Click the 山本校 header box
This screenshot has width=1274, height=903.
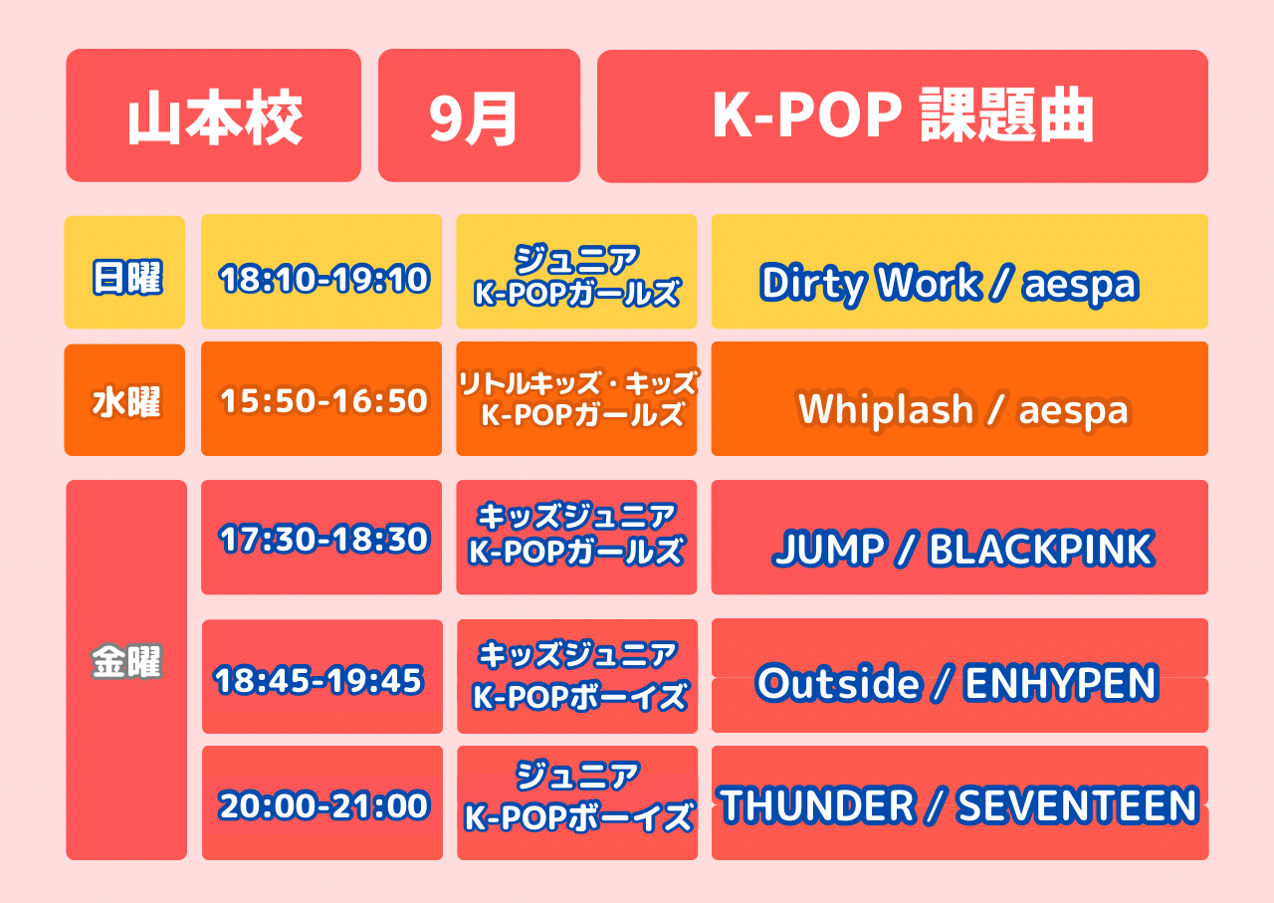(x=213, y=115)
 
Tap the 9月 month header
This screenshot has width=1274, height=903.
(x=479, y=115)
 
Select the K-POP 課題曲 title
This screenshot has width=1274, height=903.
(x=902, y=116)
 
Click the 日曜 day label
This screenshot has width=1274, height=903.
(x=124, y=272)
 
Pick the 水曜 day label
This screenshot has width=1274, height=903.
(x=124, y=400)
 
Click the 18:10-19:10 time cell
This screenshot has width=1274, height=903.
(x=321, y=272)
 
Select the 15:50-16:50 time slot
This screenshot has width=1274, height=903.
(x=321, y=399)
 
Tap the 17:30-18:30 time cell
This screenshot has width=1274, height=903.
(x=321, y=538)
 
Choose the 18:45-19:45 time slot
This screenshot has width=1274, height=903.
(x=321, y=677)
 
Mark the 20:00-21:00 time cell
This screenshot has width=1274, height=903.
(x=321, y=802)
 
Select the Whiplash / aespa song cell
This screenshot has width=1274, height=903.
(x=959, y=399)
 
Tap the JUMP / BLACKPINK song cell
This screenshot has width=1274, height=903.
(x=959, y=538)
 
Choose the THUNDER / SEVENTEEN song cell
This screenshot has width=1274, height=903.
(x=959, y=802)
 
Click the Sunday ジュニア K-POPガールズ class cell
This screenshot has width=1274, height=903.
(x=576, y=272)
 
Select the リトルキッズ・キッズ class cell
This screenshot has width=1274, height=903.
(x=576, y=399)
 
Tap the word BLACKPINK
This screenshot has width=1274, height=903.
(x=1041, y=549)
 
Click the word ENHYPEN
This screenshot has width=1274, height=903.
(x=1061, y=683)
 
